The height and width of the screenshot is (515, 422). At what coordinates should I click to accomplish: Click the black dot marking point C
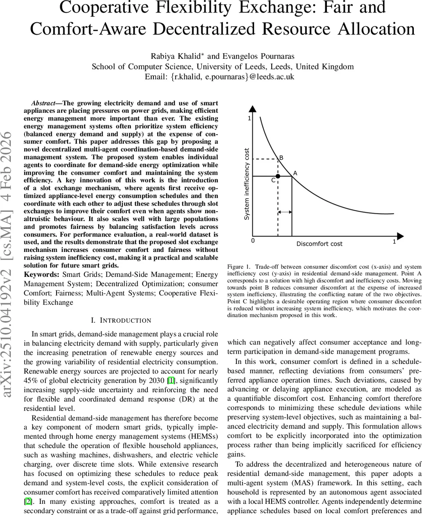point(278,176)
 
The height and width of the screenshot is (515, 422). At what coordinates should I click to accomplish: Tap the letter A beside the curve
point(295,173)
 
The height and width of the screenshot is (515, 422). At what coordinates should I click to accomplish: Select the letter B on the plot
point(281,158)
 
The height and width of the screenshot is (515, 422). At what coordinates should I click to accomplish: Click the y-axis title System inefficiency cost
point(247,184)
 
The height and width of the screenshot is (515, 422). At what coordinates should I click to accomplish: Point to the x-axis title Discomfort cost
point(319,244)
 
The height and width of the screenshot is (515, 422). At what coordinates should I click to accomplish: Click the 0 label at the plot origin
point(252,241)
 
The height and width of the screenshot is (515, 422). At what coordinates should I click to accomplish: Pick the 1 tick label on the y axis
point(249,118)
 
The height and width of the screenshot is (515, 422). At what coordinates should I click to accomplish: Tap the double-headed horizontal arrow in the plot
point(285,212)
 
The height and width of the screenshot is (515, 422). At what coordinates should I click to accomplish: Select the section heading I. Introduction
point(121,320)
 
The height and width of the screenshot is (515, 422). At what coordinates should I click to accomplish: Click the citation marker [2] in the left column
point(28,501)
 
